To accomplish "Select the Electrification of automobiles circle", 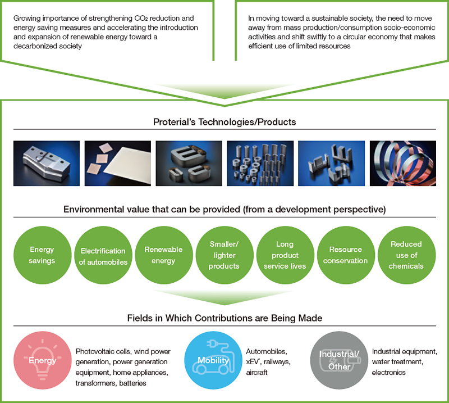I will point(103,256).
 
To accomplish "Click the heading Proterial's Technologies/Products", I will point(224,122).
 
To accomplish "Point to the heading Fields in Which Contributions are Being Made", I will point(224,318).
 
